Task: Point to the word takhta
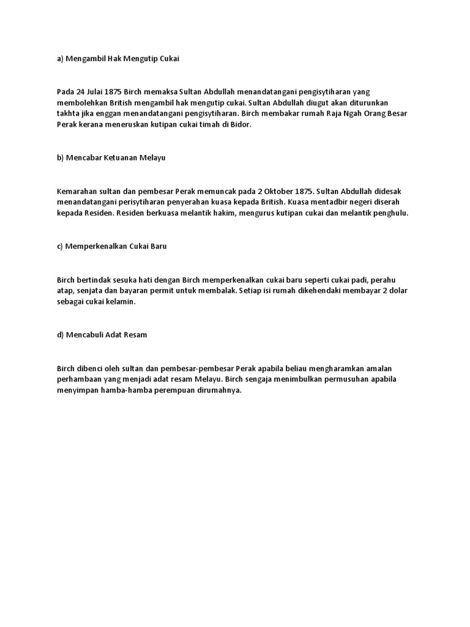click(x=68, y=113)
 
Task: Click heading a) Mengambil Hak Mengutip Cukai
click(x=117, y=58)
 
